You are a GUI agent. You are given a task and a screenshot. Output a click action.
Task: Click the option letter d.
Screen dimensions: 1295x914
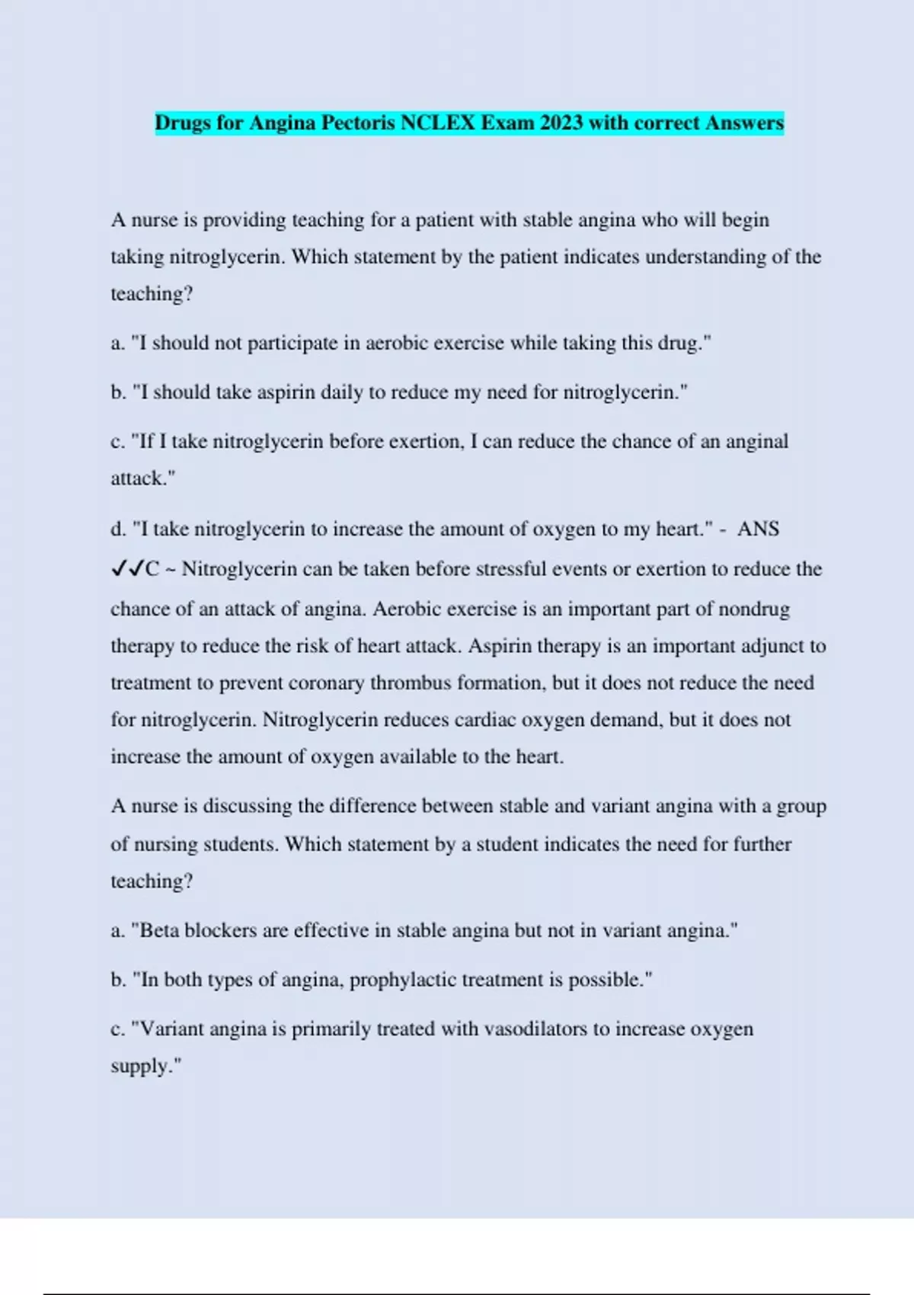118,529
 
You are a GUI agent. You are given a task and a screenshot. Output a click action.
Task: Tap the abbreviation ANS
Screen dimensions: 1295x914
758,529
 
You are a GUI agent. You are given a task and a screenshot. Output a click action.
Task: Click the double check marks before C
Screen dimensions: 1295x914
127,569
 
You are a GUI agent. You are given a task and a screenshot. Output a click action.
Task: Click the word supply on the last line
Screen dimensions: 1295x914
142,1066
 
